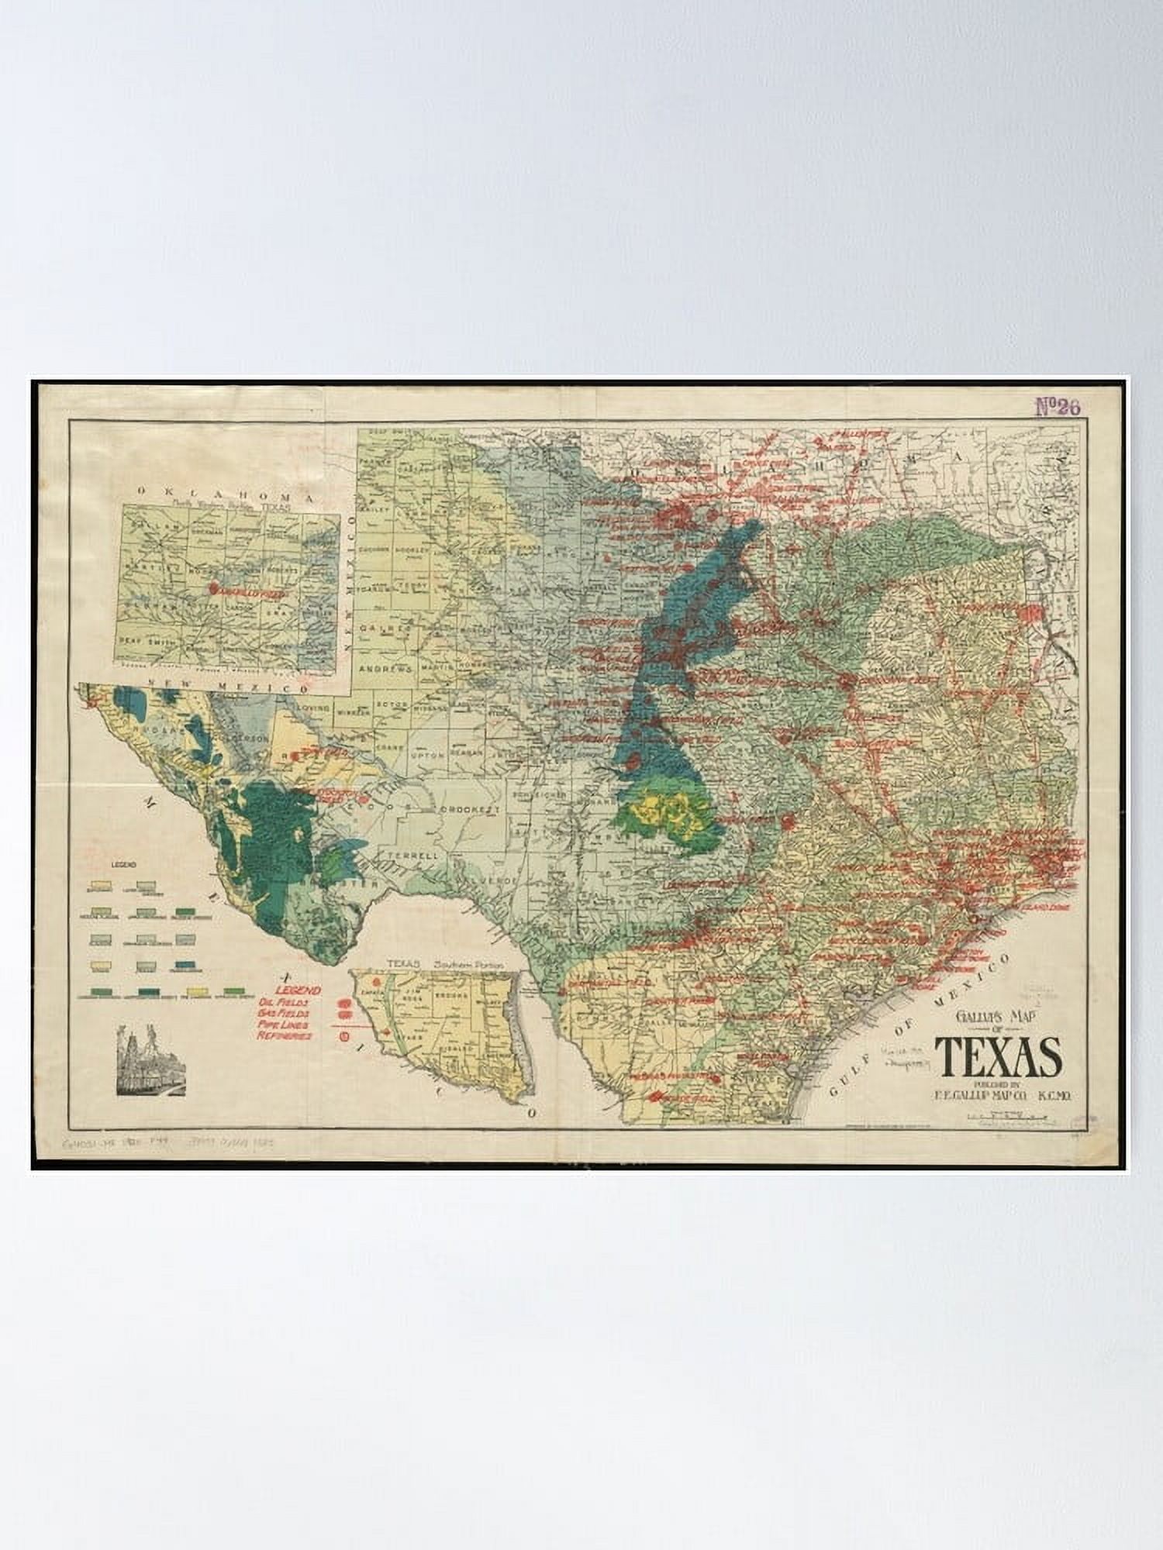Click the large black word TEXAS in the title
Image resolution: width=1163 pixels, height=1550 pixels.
998,1056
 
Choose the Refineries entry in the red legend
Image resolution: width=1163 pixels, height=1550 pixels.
286,1035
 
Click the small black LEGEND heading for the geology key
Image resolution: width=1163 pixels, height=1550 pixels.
124,864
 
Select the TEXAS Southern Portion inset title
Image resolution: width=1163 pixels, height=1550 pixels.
444,963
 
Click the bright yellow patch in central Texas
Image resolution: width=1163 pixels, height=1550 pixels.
667,810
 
